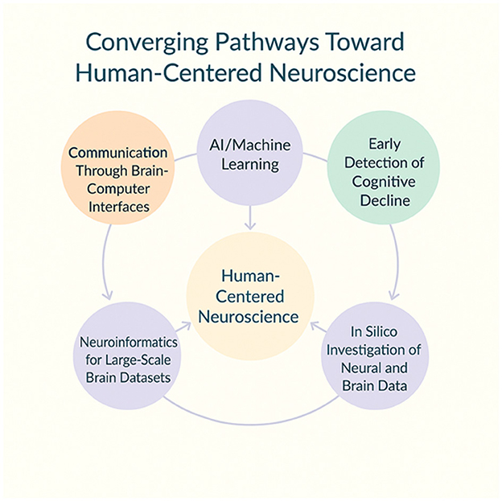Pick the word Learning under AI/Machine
(250, 166)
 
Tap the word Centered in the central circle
(251, 297)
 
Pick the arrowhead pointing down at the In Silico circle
(393, 295)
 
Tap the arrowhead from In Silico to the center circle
(315, 325)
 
